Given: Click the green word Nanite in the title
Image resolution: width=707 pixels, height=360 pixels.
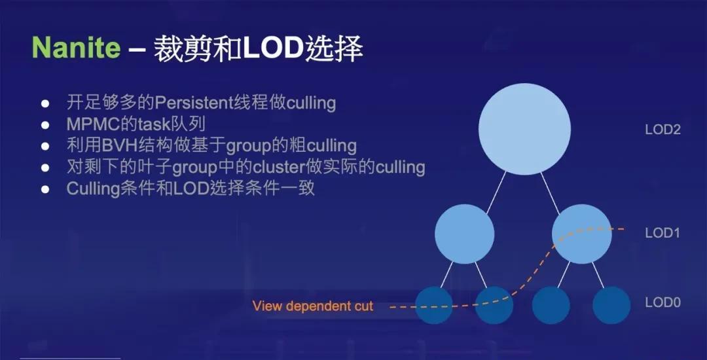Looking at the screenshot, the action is (x=76, y=47).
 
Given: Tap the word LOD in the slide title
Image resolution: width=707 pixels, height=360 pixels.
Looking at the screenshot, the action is (x=273, y=48).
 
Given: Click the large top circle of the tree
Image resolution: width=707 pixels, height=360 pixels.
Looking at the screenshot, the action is (x=524, y=129).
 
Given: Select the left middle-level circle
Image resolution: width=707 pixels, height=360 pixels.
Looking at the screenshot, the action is (x=464, y=234).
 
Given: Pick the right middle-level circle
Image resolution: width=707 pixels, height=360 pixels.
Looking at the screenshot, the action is (x=582, y=234).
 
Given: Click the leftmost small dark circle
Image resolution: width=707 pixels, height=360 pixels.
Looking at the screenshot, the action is (x=434, y=305).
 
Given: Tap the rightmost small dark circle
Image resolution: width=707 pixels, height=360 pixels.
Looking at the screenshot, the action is (x=611, y=305).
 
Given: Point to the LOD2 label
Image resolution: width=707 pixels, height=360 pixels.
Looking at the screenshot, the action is (x=662, y=130).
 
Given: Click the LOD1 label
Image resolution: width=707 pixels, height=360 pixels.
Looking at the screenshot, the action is (x=662, y=233).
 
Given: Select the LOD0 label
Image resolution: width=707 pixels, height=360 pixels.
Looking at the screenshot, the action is (x=662, y=302).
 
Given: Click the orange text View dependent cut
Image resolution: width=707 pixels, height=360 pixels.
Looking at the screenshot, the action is (x=313, y=306).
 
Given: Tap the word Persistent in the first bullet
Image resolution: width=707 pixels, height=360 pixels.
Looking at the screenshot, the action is (x=193, y=103).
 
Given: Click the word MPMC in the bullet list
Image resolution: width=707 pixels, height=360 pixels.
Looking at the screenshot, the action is (x=92, y=124).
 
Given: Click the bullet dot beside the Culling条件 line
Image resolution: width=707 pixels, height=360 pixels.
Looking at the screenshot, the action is (x=45, y=189).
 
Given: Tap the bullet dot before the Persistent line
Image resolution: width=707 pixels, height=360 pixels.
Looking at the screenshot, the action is (x=45, y=103).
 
